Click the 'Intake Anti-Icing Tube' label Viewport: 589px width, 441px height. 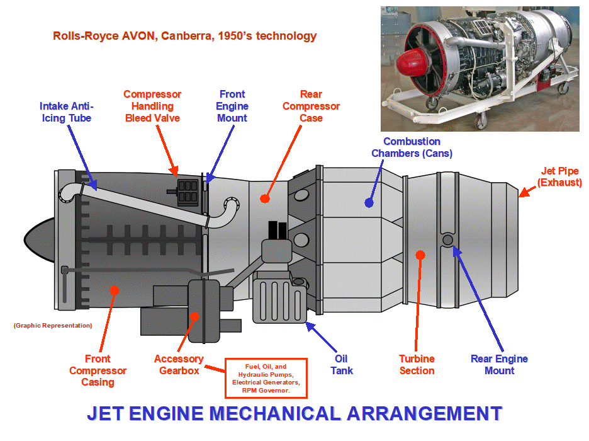[x=65, y=112]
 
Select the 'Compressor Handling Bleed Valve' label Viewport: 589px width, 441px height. [x=152, y=106]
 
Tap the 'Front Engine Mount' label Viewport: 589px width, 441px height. [x=232, y=106]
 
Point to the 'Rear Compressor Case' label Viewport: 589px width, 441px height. [x=311, y=106]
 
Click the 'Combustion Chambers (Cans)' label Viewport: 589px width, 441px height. [x=412, y=147]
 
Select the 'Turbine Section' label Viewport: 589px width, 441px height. [x=417, y=365]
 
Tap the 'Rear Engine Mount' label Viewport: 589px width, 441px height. [x=499, y=365]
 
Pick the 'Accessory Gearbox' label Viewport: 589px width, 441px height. [x=179, y=365]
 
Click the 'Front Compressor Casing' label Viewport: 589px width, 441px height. [x=98, y=370]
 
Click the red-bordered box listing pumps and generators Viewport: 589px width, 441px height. [x=266, y=378]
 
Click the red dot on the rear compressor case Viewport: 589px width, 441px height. [x=265, y=198]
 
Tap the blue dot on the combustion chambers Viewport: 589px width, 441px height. [x=369, y=203]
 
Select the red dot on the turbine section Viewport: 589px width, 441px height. [x=420, y=255]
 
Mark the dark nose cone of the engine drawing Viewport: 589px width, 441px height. [x=39, y=238]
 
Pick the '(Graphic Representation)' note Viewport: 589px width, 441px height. [x=52, y=326]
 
